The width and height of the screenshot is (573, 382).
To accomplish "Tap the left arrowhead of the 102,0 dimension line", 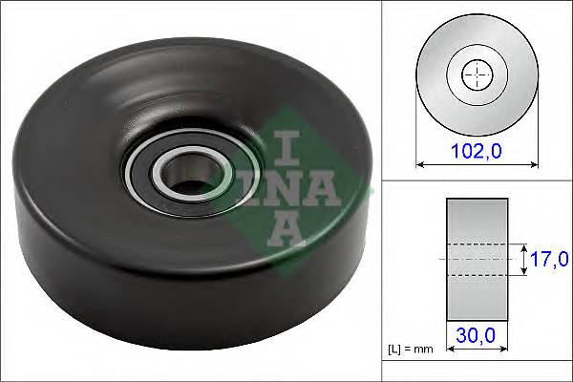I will [x=421, y=163].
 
